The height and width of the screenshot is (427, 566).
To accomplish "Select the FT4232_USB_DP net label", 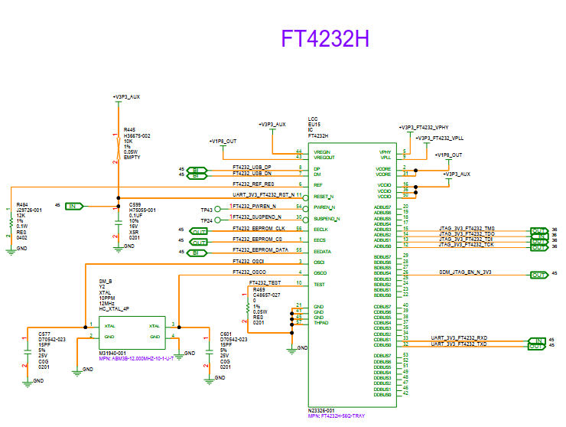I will click(252, 167).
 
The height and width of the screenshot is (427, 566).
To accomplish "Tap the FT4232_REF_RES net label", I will click(252, 184).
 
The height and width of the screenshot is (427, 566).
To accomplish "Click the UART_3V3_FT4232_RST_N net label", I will click(263, 196).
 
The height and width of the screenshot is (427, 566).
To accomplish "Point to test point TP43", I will click(206, 209).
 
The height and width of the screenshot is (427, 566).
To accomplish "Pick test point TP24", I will click(206, 220).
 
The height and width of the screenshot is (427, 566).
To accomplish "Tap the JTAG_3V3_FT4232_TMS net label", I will click(467, 229).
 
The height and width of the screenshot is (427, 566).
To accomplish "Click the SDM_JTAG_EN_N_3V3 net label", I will click(465, 272).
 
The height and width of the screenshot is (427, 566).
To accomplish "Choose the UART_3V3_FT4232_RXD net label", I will click(460, 337).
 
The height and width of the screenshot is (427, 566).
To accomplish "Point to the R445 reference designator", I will click(129, 130).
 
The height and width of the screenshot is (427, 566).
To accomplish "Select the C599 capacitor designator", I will click(135, 204).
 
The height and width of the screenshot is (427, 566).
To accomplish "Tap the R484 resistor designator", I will click(22, 204).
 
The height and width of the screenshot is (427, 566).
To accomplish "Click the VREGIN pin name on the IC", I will click(322, 152).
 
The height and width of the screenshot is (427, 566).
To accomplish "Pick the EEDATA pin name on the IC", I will click(321, 252).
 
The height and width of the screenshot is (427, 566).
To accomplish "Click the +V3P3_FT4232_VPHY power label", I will click(428, 127).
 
